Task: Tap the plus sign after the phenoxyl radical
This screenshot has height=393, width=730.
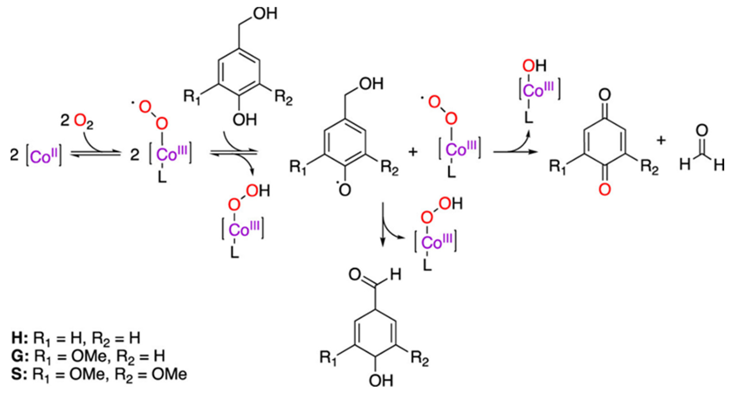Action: point(413,152)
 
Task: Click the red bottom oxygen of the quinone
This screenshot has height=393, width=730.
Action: point(605,189)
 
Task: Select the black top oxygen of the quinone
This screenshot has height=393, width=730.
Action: point(605,95)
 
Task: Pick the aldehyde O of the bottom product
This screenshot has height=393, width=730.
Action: point(355,275)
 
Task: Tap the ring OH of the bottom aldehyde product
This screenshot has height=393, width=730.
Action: point(381,380)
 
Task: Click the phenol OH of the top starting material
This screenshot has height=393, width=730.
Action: point(245,120)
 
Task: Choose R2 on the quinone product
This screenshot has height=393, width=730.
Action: point(650,167)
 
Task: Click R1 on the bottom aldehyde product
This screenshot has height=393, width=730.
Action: point(328,358)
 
